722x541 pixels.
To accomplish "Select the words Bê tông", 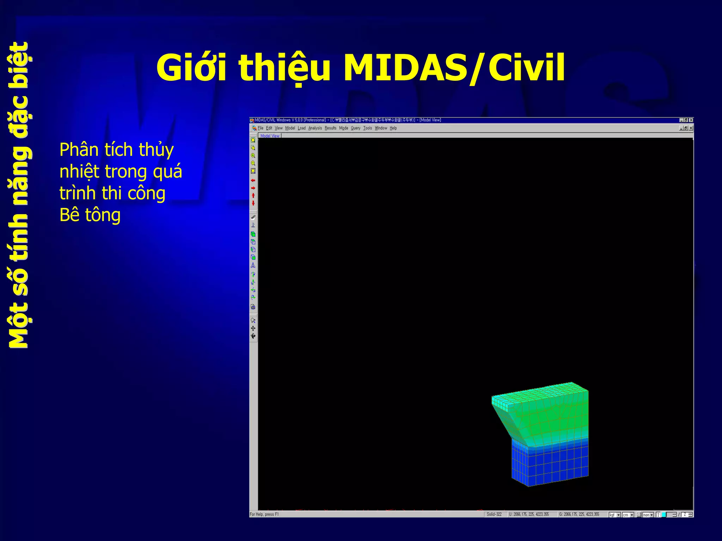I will [90, 215].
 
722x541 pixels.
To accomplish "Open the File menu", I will [261, 128].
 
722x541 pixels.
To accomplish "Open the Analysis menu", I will [315, 128].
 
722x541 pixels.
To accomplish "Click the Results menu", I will [330, 128].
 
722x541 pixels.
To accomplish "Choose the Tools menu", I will [367, 128].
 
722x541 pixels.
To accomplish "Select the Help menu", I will [393, 128].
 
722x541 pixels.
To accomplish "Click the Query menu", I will [355, 128].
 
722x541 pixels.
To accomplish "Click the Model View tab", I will [270, 136].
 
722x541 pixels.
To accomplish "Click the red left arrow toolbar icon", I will [253, 180].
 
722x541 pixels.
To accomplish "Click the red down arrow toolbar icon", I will [253, 203].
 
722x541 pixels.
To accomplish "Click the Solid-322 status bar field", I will [494, 515].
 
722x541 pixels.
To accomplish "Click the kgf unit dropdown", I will [614, 515].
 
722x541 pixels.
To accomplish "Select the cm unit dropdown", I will [628, 515].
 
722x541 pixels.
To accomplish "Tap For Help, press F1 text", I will [264, 515].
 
